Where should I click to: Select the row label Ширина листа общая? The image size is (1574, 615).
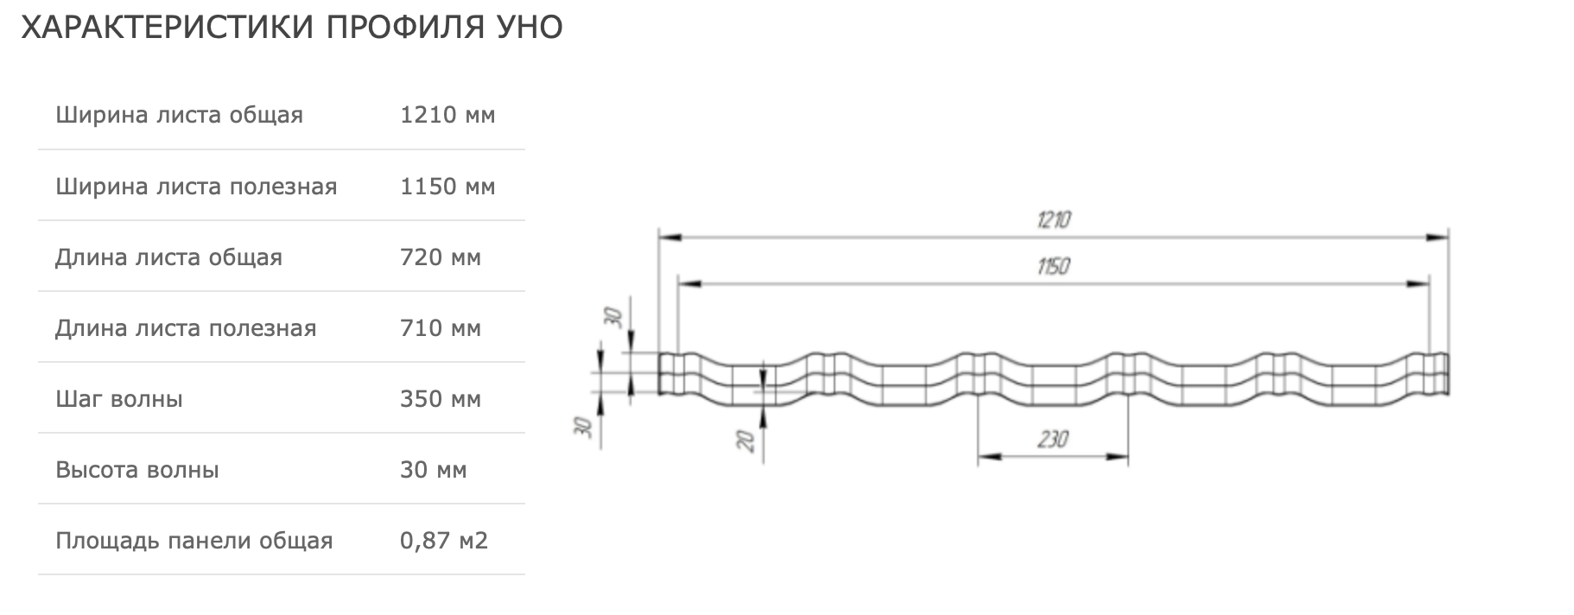(x=179, y=115)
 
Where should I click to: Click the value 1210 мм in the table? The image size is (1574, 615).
(x=447, y=115)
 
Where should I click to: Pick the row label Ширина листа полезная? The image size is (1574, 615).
(x=196, y=187)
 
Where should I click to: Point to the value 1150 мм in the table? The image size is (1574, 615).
(x=447, y=187)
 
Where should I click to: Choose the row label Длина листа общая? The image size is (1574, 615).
(x=168, y=257)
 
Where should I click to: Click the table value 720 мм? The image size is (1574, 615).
(x=441, y=257)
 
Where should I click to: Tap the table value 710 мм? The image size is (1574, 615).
(x=441, y=328)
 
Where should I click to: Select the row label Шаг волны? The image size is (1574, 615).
(x=119, y=399)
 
